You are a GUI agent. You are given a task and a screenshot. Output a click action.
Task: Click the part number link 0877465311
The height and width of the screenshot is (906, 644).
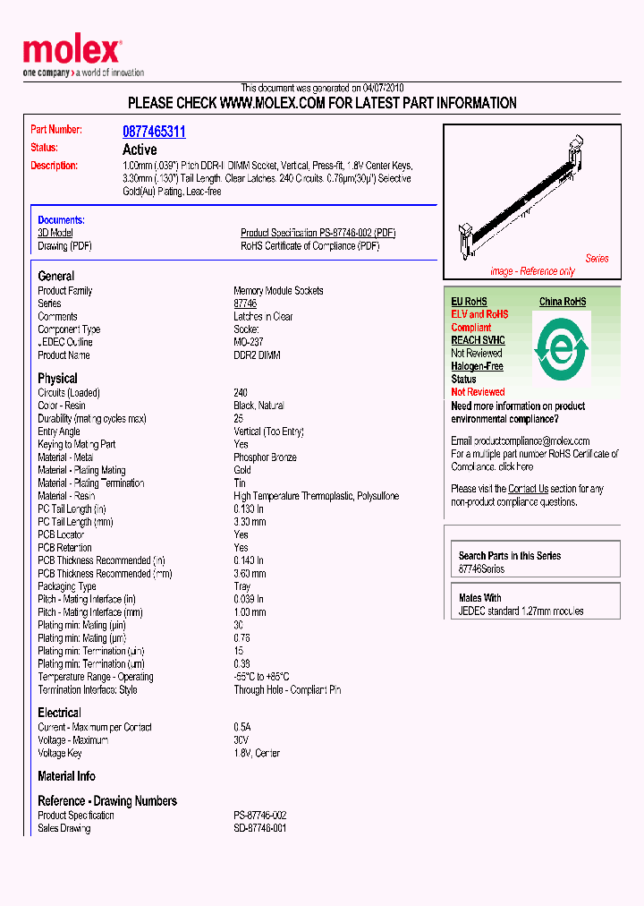click(x=154, y=132)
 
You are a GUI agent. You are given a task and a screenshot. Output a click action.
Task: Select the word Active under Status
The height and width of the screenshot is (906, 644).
click(x=140, y=150)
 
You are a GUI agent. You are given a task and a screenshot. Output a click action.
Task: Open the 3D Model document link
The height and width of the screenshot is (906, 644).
click(x=55, y=233)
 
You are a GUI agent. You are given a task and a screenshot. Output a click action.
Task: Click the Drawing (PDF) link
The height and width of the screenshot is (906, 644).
click(x=64, y=246)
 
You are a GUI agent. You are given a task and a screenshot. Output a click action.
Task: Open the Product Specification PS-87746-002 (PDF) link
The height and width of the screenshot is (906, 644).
click(x=318, y=233)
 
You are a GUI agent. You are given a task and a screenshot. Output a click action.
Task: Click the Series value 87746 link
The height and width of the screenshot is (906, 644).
click(x=245, y=304)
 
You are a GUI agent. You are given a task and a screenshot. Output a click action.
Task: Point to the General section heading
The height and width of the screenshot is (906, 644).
click(x=56, y=276)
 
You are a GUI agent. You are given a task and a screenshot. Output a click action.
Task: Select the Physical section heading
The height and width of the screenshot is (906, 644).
click(x=57, y=378)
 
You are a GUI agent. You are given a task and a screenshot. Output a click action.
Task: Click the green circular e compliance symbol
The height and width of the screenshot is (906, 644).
click(x=561, y=349)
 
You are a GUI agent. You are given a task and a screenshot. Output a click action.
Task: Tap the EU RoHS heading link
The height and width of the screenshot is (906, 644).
click(x=469, y=302)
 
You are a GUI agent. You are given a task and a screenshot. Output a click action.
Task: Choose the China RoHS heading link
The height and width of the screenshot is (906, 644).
click(x=563, y=302)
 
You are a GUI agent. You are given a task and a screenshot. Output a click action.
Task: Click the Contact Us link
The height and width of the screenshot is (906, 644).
click(x=528, y=489)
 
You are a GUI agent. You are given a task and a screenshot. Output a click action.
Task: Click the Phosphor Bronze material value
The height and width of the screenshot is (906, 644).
click(x=265, y=457)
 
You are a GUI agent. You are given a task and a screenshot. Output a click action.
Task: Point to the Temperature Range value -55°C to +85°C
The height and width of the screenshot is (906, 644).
click(x=261, y=677)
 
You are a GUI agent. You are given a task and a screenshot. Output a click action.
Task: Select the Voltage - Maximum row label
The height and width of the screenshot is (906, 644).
click(x=73, y=740)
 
